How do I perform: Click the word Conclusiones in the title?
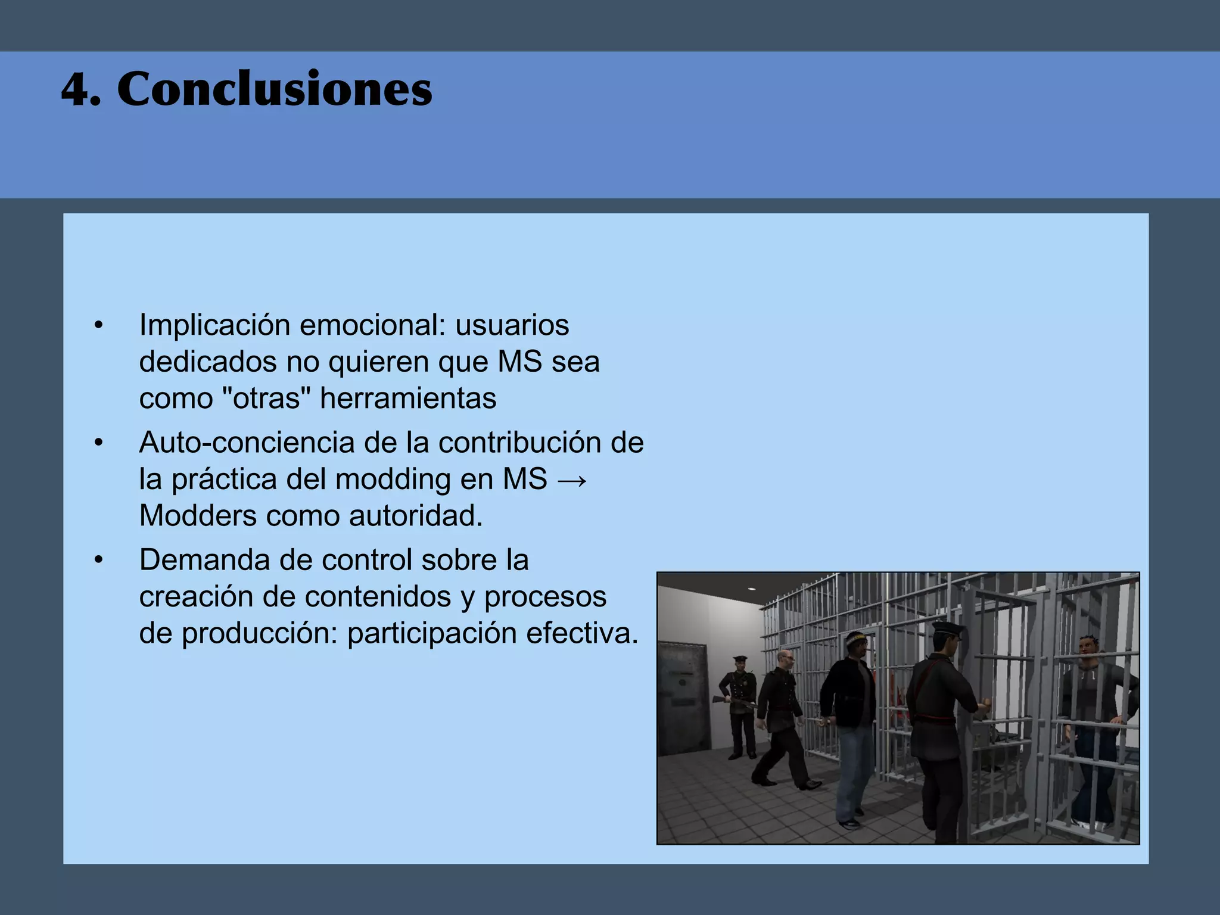point(275,89)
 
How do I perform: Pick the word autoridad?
point(416,516)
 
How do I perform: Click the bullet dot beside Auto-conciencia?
point(99,443)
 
